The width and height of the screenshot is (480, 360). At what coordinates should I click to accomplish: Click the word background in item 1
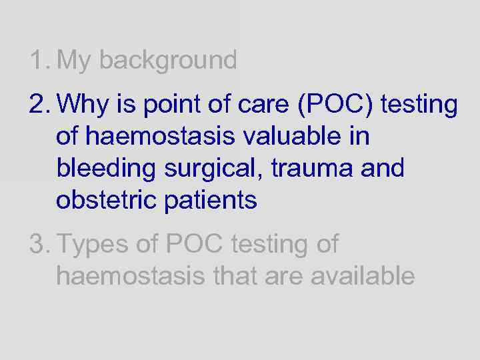167,61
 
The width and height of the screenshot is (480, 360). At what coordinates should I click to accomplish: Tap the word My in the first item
75,61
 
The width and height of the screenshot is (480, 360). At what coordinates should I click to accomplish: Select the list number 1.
39,60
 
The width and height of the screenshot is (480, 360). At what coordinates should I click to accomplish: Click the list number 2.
39,105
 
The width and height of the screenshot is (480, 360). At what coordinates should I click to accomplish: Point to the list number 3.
39,245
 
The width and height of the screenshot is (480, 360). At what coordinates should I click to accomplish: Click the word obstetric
107,199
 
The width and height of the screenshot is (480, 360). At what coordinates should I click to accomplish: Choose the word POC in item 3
194,245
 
